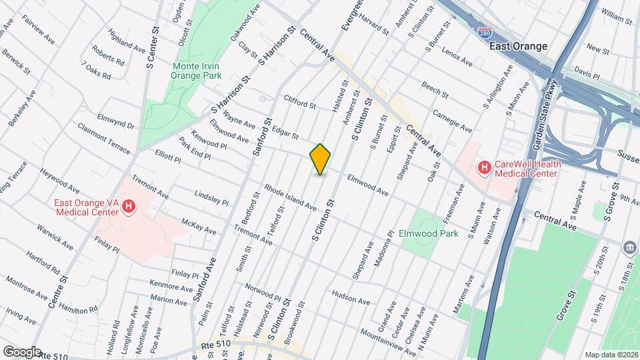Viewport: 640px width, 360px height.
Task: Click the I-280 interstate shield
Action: (x=486, y=32)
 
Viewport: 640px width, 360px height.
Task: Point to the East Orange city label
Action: (x=518, y=46)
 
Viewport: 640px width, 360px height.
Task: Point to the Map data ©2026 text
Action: (x=611, y=354)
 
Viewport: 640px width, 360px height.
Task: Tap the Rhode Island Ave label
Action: (x=290, y=197)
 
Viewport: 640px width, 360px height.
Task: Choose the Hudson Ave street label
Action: (x=350, y=297)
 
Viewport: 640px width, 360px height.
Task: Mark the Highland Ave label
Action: (x=126, y=45)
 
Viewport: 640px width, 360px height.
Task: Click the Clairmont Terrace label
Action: (x=104, y=139)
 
